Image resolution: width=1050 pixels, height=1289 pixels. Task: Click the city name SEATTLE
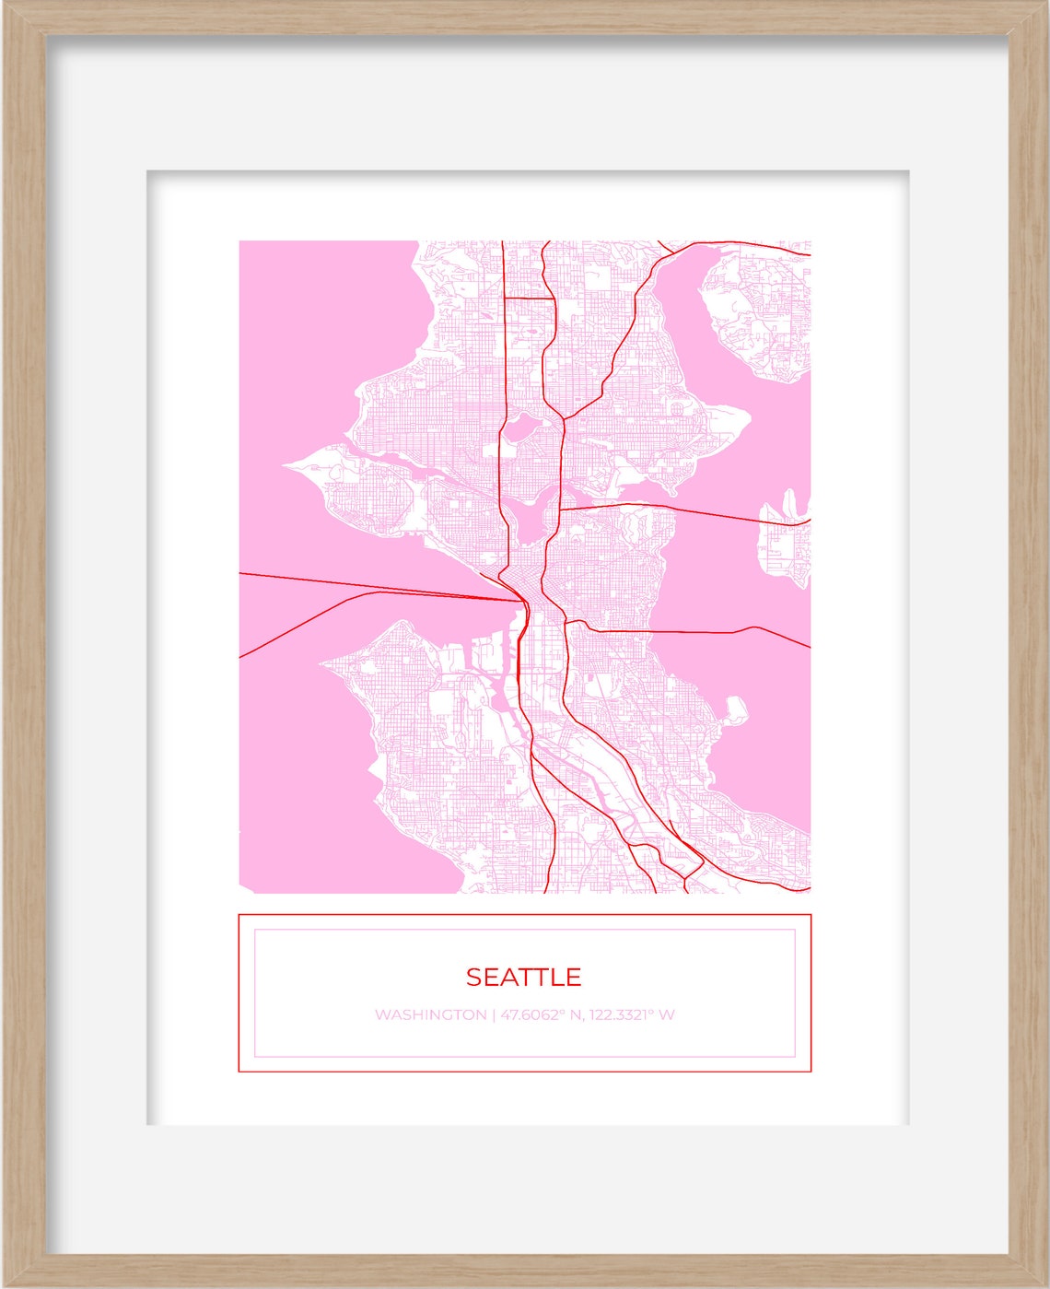(x=523, y=977)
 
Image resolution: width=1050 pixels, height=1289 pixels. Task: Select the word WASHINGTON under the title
(x=430, y=1014)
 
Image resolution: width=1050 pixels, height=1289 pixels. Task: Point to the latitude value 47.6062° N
(x=540, y=1014)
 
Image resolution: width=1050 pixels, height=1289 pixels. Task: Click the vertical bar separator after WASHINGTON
(x=494, y=1014)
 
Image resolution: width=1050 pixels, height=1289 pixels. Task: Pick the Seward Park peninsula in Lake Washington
(x=735, y=709)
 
